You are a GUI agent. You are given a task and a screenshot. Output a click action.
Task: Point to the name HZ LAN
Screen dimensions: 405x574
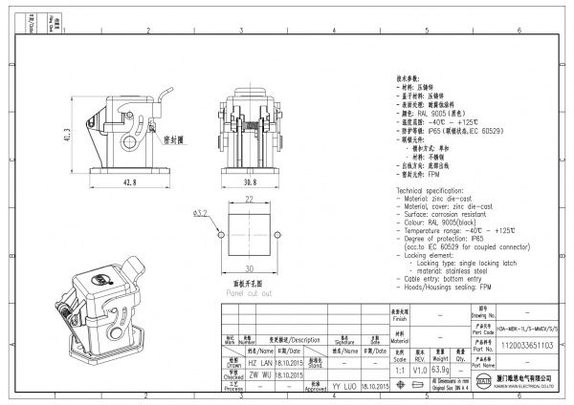[x=259, y=364]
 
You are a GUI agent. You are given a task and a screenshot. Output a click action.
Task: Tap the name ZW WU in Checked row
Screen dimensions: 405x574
[x=259, y=376]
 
